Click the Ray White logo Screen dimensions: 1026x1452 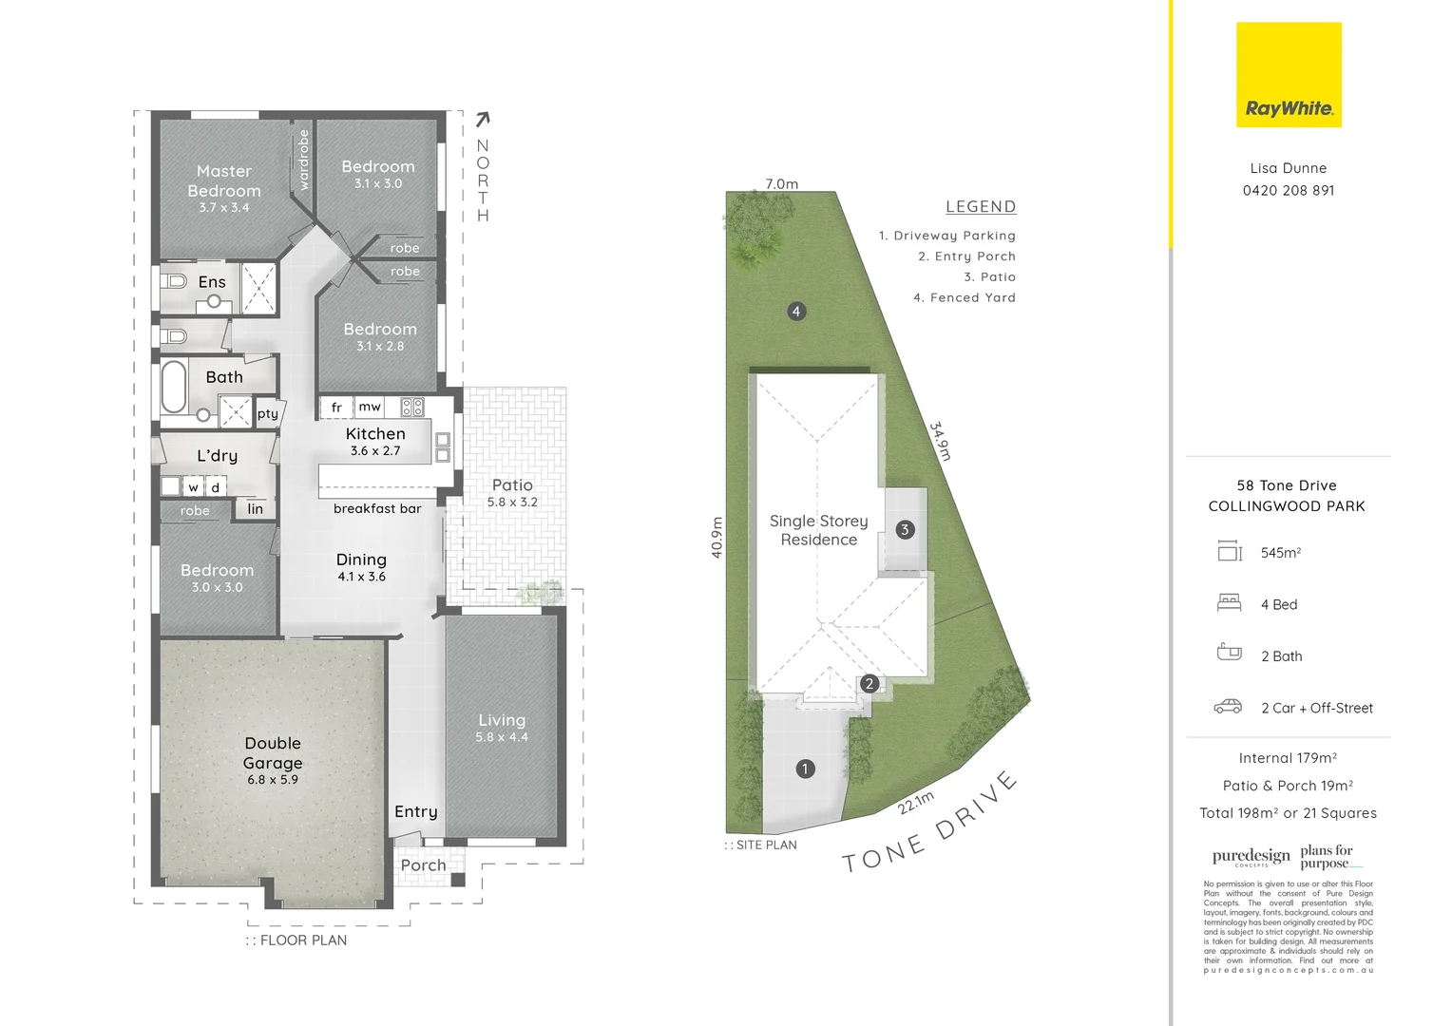[x=1289, y=75]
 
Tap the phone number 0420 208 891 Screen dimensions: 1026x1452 [x=1289, y=190]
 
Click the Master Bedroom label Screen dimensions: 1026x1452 [x=224, y=180]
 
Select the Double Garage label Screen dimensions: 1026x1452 [x=273, y=753]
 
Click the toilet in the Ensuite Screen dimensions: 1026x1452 [x=174, y=281]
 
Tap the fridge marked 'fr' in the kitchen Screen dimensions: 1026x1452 [x=336, y=408]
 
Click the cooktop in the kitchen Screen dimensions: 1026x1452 [x=412, y=408]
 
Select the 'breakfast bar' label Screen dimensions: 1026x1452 [x=377, y=508]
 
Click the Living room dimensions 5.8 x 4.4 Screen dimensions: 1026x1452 [x=502, y=737]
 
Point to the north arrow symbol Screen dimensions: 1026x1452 [x=483, y=119]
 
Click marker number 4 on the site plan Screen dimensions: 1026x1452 [x=796, y=311]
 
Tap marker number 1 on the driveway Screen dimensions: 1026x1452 [x=806, y=769]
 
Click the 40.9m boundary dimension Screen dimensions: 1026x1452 [x=717, y=537]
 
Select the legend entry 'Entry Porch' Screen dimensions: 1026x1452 [x=967, y=256]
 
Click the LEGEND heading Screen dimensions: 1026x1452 [x=981, y=206]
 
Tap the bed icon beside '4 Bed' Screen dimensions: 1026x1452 [x=1230, y=602]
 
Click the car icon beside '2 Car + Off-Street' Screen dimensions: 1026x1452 [x=1228, y=707]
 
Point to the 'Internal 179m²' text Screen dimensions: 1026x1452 [x=1288, y=758]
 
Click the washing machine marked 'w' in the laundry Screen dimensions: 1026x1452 [x=194, y=487]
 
